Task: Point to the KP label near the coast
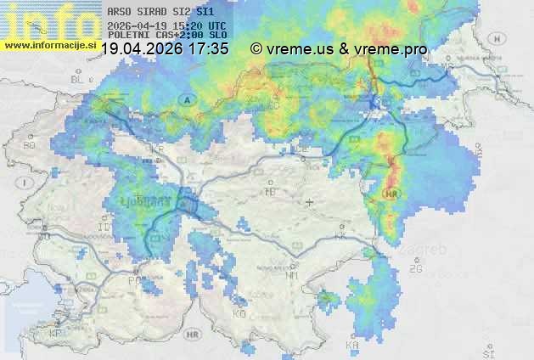(56, 333)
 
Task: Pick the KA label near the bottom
(351, 346)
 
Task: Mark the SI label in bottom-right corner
(486, 351)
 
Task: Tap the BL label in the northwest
(79, 79)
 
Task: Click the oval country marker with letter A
(185, 99)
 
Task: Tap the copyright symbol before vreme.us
(256, 48)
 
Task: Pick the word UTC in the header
(216, 26)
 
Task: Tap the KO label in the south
(239, 314)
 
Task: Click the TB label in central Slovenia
(271, 192)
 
